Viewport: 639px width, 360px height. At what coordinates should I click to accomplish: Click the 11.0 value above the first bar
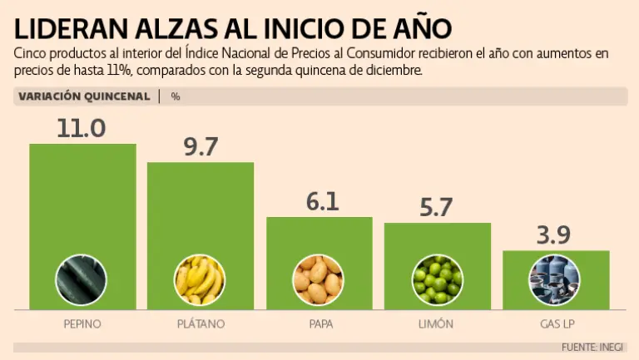82,129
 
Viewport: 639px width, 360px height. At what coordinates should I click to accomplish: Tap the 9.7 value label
201,147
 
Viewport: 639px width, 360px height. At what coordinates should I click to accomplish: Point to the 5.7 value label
437,208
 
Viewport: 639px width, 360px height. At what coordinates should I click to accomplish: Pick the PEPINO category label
82,323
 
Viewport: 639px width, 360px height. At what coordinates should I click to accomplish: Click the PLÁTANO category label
201,323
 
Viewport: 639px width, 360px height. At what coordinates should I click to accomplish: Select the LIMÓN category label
437,323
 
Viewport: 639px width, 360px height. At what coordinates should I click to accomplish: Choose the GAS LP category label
555,323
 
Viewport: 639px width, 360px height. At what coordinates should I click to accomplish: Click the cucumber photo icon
82,280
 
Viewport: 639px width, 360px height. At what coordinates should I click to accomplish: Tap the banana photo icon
200,280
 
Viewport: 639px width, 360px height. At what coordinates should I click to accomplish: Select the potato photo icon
319,280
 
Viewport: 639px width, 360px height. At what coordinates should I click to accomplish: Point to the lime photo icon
437,280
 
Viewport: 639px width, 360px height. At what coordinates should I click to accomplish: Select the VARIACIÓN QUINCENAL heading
84,96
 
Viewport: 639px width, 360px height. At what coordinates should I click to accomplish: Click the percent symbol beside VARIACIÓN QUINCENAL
176,96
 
